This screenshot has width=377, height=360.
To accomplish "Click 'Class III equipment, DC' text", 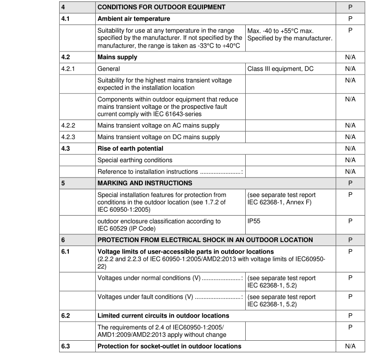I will tap(280, 69).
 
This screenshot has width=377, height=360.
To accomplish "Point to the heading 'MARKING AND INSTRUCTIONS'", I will tap(145, 183).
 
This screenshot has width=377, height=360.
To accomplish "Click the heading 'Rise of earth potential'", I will tap(130, 148).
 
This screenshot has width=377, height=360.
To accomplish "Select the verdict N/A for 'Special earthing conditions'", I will tap(350, 160).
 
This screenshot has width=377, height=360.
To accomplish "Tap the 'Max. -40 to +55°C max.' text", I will tap(284, 30).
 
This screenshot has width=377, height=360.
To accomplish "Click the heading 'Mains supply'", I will tap(117, 57).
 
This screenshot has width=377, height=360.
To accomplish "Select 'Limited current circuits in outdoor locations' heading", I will tap(163, 316).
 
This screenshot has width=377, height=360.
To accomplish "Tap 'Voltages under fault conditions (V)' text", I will tap(146, 297).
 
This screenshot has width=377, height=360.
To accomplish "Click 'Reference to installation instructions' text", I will tap(148, 171).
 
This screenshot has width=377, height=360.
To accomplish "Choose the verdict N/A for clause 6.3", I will tap(350, 347).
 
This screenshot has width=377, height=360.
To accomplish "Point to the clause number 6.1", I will tap(66, 251).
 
